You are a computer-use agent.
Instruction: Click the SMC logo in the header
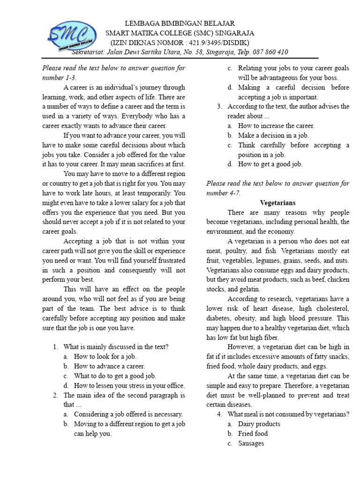coord(71,36)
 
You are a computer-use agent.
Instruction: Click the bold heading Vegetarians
coord(277,202)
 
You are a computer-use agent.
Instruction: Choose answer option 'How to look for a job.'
coord(105,356)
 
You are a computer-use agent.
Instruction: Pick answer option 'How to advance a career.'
coord(109,366)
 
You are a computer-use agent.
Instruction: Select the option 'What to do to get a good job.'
coord(115,376)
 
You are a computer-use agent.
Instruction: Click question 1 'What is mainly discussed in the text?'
coord(116,347)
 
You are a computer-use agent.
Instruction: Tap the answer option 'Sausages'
coord(251,443)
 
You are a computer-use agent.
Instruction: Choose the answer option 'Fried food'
coord(253,434)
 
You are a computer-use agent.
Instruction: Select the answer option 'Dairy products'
coord(259,424)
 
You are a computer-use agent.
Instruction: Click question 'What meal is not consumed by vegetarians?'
coord(288,414)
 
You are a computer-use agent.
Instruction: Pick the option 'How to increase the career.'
coord(276,126)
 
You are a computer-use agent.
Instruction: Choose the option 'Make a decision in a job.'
coord(273,135)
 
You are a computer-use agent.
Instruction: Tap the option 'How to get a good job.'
coord(270,164)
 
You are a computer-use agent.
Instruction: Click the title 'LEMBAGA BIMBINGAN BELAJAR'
coord(180,23)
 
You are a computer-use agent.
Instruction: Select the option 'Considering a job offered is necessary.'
coord(128,414)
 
